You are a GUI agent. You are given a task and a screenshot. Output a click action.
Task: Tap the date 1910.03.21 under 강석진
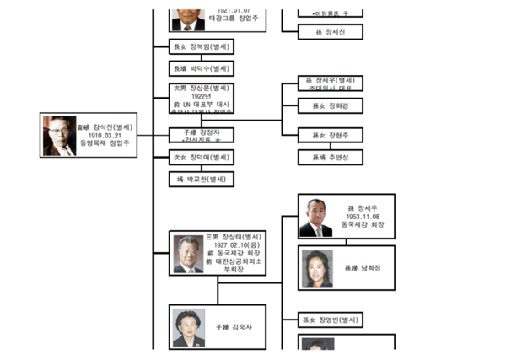click(x=105, y=135)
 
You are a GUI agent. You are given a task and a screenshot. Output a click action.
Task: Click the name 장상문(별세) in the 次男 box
click(x=208, y=88)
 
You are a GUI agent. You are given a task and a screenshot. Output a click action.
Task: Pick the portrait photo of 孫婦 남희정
click(x=316, y=269)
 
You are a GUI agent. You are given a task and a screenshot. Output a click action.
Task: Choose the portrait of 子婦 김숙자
click(x=188, y=328)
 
